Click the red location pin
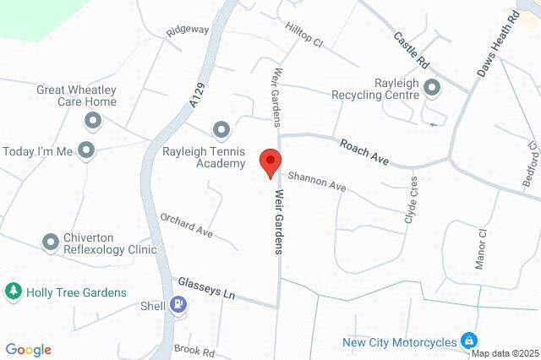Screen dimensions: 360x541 coord(270,161)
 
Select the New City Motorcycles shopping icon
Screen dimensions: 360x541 coord(467,341)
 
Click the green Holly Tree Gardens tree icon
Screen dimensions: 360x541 coord(14,292)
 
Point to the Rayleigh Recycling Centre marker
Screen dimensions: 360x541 coord(432,86)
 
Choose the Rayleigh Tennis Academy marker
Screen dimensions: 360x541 coord(221,129)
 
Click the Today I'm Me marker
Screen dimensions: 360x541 coord(85,151)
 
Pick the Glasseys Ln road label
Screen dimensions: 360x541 coord(206,287)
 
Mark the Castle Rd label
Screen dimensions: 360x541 coord(412,51)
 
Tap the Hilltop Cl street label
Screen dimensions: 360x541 coord(304,37)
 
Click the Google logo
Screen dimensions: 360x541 coord(28,350)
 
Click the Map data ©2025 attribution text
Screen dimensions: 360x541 coord(505,353)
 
